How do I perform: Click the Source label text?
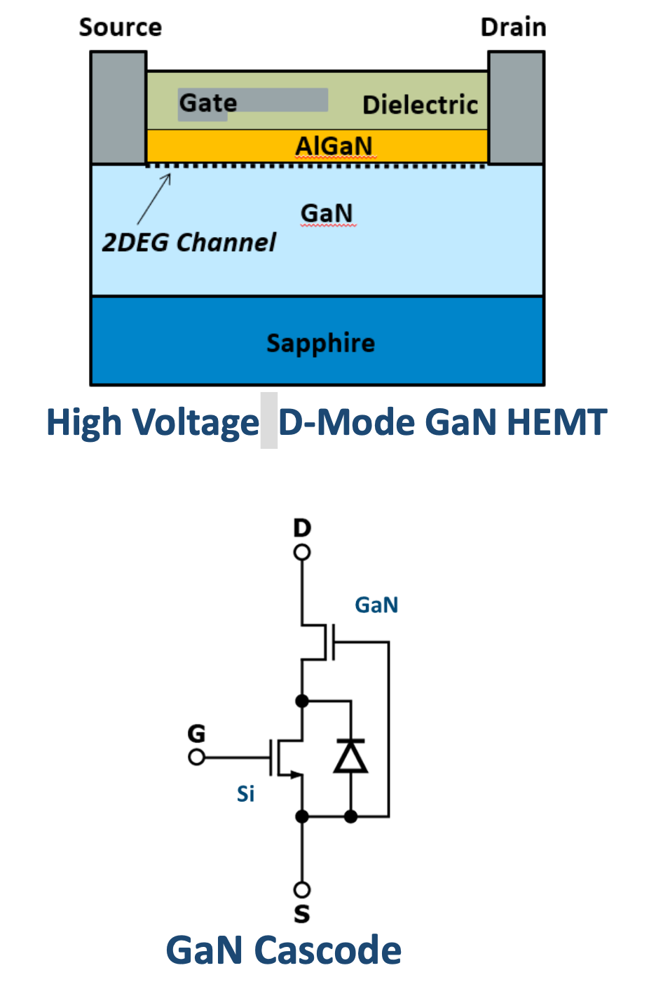click(x=121, y=27)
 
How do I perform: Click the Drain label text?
click(x=514, y=27)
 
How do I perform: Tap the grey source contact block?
click(x=118, y=108)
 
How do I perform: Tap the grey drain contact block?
click(x=517, y=108)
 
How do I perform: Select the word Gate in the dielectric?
click(x=207, y=103)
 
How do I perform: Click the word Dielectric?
click(x=420, y=105)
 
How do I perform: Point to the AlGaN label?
click(x=334, y=146)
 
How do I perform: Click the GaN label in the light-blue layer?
click(x=327, y=213)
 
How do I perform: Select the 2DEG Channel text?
click(x=189, y=243)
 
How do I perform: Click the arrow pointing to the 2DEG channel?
click(x=153, y=199)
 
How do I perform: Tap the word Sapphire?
click(x=321, y=344)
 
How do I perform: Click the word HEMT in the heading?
click(x=556, y=422)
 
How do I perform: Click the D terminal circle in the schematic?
click(x=302, y=552)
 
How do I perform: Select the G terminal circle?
click(x=196, y=758)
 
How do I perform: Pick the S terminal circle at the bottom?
click(x=302, y=889)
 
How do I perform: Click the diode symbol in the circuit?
click(x=350, y=755)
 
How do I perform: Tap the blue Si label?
click(x=245, y=794)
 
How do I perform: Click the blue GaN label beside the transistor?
click(x=376, y=605)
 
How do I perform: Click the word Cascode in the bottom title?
click(x=327, y=950)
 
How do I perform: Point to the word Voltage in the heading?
click(x=196, y=424)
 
